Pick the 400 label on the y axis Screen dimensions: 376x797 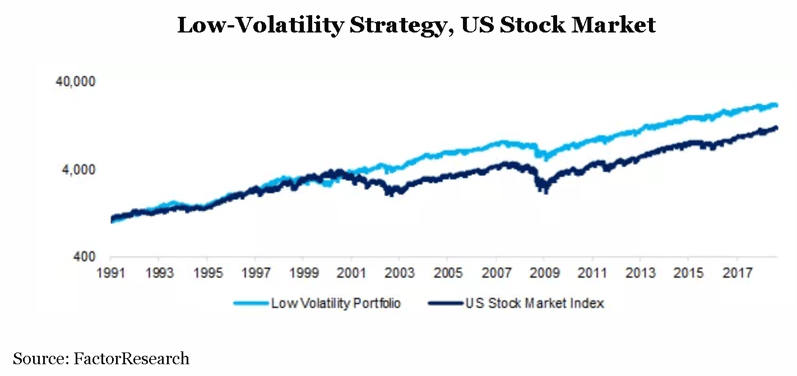click(86, 257)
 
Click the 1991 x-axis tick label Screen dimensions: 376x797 click(111, 273)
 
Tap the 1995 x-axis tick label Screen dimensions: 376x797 click(207, 273)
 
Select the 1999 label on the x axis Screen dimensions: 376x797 click(303, 273)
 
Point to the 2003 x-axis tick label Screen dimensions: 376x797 click(398, 273)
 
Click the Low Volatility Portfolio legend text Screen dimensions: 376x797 click(336, 304)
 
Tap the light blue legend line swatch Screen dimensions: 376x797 click(251, 304)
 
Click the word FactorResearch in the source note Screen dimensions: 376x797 click(132, 359)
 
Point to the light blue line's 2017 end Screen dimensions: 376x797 click(776, 105)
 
